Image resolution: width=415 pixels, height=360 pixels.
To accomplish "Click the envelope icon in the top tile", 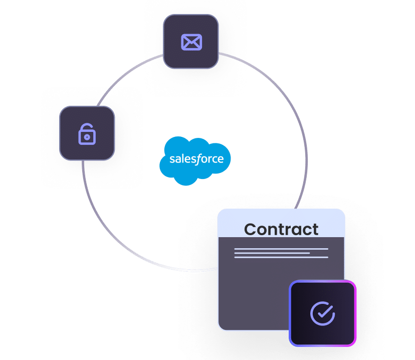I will tap(191, 42).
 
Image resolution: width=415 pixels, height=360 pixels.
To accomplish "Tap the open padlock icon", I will tap(87, 133).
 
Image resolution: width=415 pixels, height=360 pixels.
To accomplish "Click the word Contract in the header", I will tap(281, 229).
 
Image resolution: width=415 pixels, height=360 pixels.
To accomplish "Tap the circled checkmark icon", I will tap(322, 313).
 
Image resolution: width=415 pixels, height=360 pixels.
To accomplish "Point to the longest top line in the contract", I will tap(281, 249).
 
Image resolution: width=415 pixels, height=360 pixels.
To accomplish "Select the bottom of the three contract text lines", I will tap(281, 258).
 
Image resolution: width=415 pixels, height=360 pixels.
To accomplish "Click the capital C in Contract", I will tap(251, 230).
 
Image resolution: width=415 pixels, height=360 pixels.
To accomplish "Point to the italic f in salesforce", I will tap(200, 159).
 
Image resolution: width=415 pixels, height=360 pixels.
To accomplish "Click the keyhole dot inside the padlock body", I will tap(87, 137).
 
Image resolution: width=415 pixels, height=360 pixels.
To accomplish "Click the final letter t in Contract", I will tap(314, 230).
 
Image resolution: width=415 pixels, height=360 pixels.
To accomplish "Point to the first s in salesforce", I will tap(171, 160).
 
